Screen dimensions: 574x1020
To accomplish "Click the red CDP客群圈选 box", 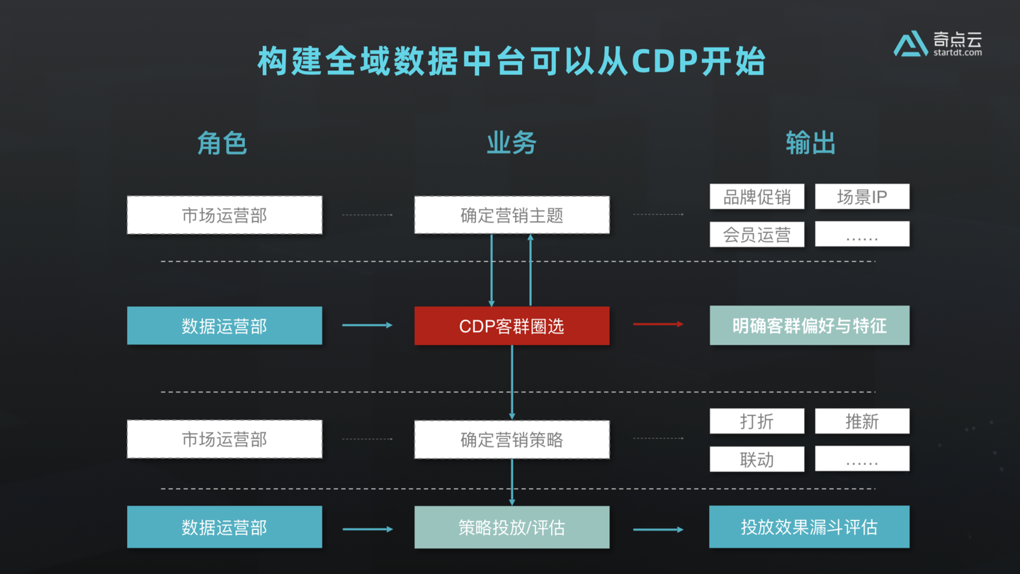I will pyautogui.click(x=511, y=326).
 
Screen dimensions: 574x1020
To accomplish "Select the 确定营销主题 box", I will pyautogui.click(x=511, y=215).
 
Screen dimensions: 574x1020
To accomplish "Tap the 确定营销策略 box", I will pyautogui.click(x=511, y=439).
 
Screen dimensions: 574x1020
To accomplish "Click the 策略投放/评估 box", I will pyautogui.click(x=511, y=527).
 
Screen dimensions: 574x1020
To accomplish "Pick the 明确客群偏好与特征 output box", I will pyautogui.click(x=809, y=326).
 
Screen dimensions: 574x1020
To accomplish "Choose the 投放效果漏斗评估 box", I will pyautogui.click(x=809, y=527).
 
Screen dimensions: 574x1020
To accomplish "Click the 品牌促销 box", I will pyautogui.click(x=756, y=197).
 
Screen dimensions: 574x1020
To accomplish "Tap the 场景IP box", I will pyautogui.click(x=862, y=197).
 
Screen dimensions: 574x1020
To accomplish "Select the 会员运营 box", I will pyautogui.click(x=756, y=235).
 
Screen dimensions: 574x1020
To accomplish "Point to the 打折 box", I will pyautogui.click(x=756, y=422).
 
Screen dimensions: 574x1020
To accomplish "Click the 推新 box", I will pyautogui.click(x=862, y=422).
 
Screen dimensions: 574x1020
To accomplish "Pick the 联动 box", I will pyautogui.click(x=756, y=459).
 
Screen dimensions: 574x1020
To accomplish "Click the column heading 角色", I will pyautogui.click(x=222, y=143).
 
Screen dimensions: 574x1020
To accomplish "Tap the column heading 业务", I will pyautogui.click(x=511, y=143).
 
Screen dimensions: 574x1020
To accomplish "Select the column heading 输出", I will pyautogui.click(x=810, y=143).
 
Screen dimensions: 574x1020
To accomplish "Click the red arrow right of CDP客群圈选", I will pyautogui.click(x=658, y=325).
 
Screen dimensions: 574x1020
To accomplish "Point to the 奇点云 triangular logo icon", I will pyautogui.click(x=910, y=44).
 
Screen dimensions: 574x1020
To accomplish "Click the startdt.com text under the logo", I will pyautogui.click(x=958, y=52).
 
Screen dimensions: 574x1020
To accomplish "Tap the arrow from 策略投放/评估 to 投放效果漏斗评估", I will pyautogui.click(x=658, y=529).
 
